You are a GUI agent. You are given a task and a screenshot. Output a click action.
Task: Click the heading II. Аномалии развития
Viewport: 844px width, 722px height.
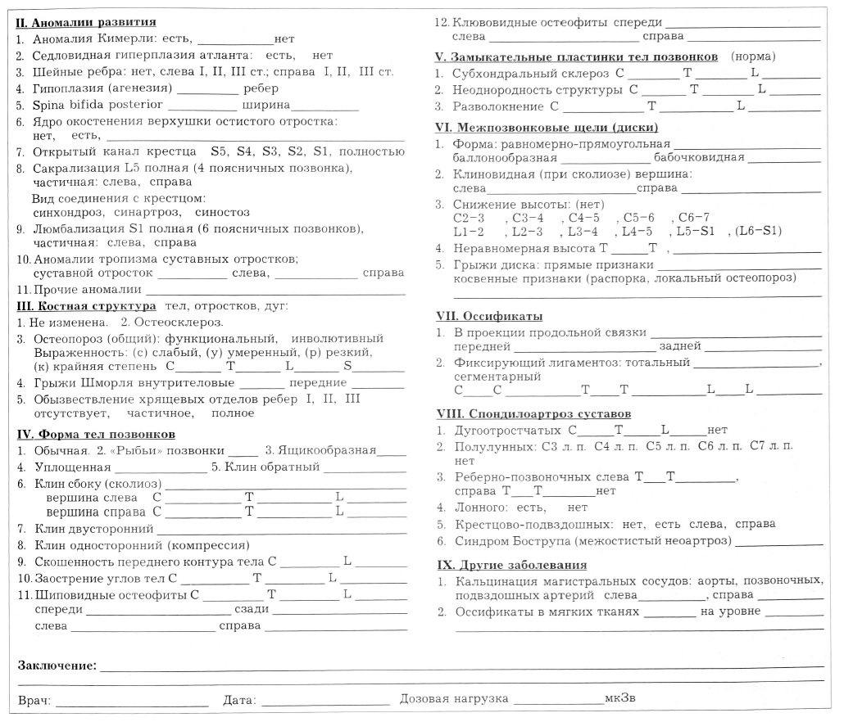click(86, 23)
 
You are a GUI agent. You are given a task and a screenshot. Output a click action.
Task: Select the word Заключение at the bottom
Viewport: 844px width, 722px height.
click(57, 666)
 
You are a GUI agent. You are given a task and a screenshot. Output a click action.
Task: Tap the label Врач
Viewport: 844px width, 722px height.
click(34, 701)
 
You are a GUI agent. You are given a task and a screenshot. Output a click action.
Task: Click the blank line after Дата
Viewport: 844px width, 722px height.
click(325, 702)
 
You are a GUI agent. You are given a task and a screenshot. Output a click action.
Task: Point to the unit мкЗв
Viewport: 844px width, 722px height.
click(620, 700)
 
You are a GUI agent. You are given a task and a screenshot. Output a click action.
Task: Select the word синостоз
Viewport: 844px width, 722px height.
click(221, 213)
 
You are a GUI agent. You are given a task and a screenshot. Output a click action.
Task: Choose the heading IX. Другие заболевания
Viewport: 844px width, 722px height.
click(510, 566)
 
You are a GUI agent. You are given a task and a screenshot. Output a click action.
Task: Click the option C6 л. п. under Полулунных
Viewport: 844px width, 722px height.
click(715, 447)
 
